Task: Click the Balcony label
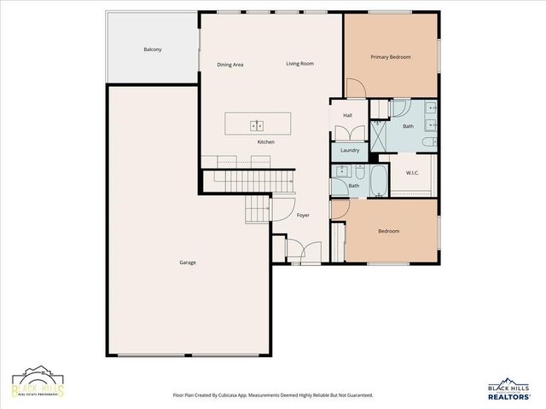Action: point(153,49)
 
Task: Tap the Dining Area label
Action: point(230,65)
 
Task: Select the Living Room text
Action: point(300,64)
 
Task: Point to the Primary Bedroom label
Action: point(391,57)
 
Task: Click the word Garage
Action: point(188,262)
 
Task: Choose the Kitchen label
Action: point(266,141)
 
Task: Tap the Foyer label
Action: point(303,215)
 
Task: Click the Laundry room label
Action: point(350,151)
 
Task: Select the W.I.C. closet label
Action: point(412,173)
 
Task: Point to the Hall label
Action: point(348,115)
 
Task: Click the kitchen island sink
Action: point(257,125)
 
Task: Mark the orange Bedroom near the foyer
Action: point(389,231)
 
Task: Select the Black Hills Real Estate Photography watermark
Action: point(38,384)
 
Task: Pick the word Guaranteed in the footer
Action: point(357,395)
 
